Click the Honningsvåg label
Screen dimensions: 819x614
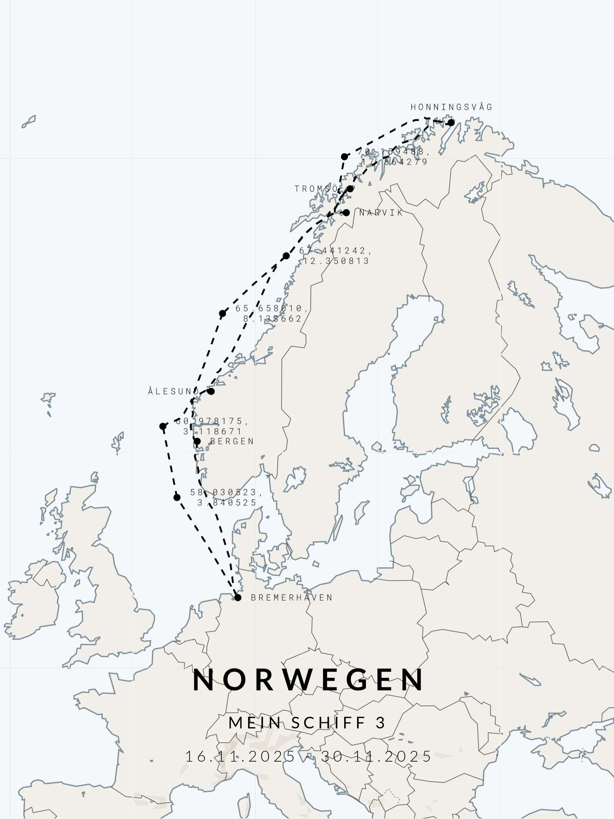coord(451,107)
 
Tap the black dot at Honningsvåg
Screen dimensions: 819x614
coord(451,123)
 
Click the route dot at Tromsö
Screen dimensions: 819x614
coord(350,189)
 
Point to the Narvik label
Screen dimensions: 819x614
coord(381,212)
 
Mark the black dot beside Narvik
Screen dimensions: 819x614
coord(346,212)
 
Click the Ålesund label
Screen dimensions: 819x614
coord(173,391)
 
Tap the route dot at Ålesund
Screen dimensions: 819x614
coord(211,391)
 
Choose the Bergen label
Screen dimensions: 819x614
coord(232,441)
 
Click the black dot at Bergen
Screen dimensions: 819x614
coord(197,441)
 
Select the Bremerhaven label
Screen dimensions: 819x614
coord(291,598)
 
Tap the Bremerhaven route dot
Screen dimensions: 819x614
coord(238,598)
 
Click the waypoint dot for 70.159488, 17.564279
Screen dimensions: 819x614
coord(345,157)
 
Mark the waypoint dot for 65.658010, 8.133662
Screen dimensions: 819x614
coord(222,314)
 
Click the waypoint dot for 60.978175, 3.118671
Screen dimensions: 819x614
coord(163,426)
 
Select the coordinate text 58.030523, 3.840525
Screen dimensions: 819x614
coord(226,497)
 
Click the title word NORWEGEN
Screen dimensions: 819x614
coord(308,680)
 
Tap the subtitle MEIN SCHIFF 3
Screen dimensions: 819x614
coord(307,723)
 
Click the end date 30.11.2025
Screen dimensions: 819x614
coord(376,756)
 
